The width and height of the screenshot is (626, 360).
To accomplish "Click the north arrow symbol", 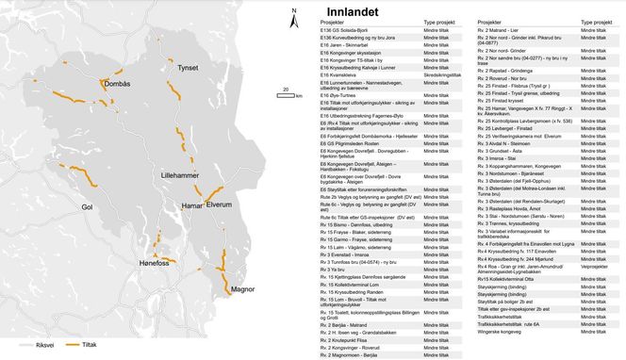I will tap(295, 18).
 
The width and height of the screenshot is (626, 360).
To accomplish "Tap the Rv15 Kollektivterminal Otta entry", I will tap(514, 279).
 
